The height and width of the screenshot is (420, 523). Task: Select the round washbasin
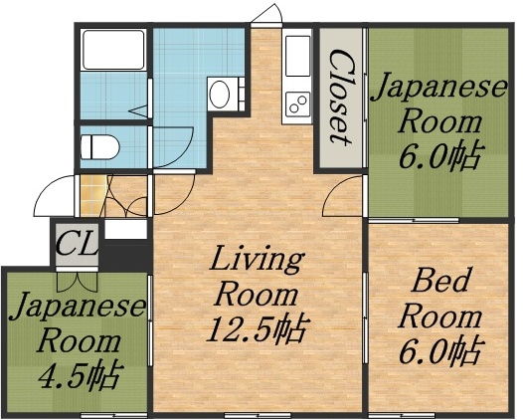221,96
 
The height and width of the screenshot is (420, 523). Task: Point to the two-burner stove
296,103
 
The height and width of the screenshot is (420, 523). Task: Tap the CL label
75,243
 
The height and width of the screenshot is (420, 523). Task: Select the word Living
256,262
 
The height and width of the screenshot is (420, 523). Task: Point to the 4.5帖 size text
79,376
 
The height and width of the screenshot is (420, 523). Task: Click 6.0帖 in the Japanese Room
437,156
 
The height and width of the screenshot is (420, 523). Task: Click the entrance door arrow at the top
264,14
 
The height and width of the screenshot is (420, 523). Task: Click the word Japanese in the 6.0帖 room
438,89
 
